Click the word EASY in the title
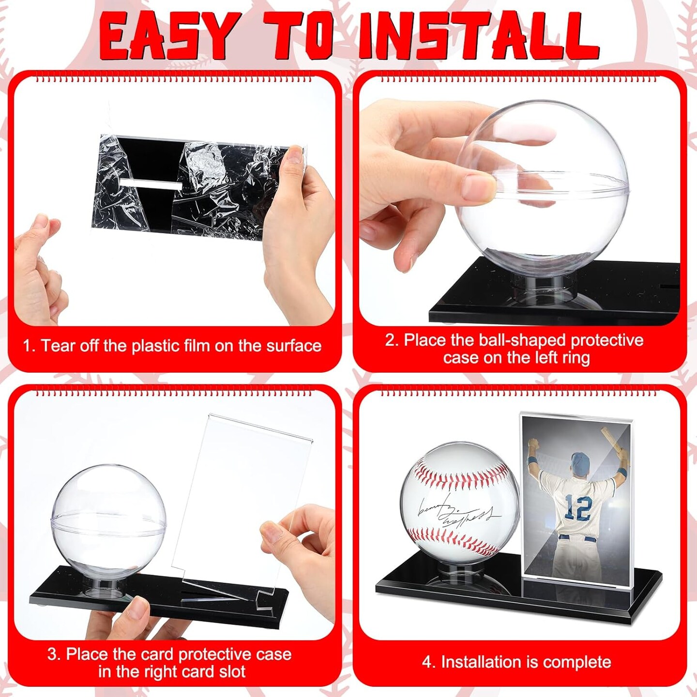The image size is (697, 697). [x=169, y=36]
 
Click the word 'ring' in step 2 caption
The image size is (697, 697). [x=576, y=358]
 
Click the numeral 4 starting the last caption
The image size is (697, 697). [x=427, y=662]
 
